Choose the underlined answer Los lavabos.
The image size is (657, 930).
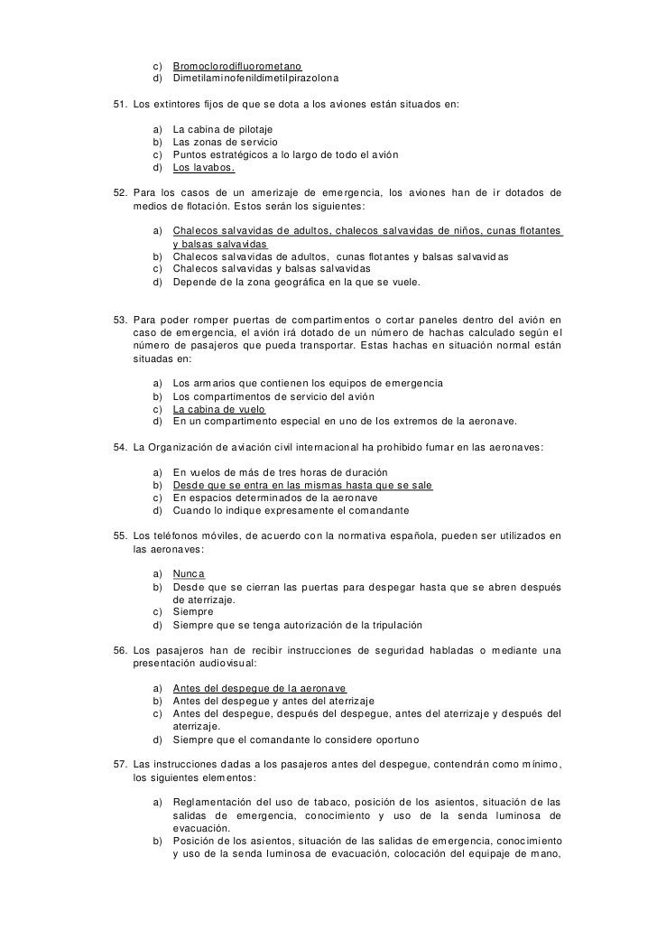204,168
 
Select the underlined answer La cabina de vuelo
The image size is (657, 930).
218,408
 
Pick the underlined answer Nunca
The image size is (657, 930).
189,574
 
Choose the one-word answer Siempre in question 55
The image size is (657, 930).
193,612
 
